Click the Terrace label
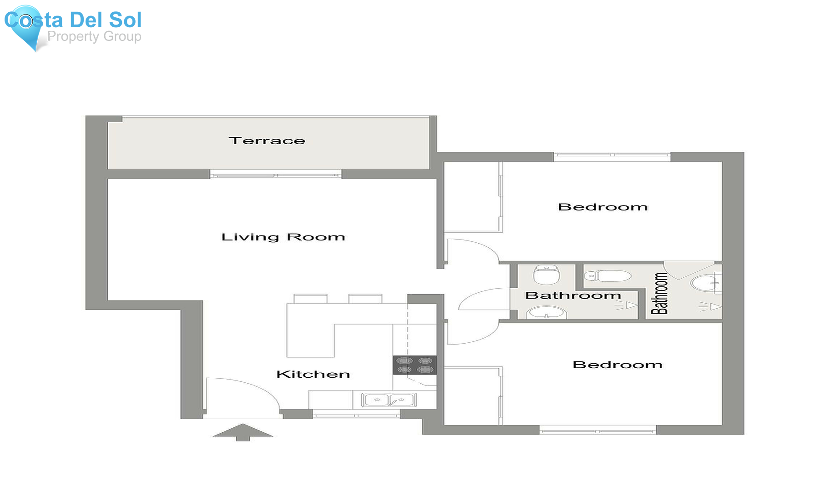coord(267,141)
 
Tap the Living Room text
coord(283,237)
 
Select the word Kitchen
coord(313,374)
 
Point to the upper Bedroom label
coord(603,207)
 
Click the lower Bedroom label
coord(617,365)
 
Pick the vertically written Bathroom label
coord(659,294)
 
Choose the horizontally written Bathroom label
coord(573,295)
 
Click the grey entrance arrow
coord(243,432)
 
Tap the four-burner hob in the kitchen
coord(415,365)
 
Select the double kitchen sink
coord(389,400)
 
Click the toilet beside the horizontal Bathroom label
coord(546,275)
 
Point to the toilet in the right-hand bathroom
coord(608,275)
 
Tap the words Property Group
coord(94,36)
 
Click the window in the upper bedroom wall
coord(612,156)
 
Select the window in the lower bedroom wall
coord(598,430)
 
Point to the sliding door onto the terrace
coord(276,174)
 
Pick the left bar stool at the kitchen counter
coord(310,299)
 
